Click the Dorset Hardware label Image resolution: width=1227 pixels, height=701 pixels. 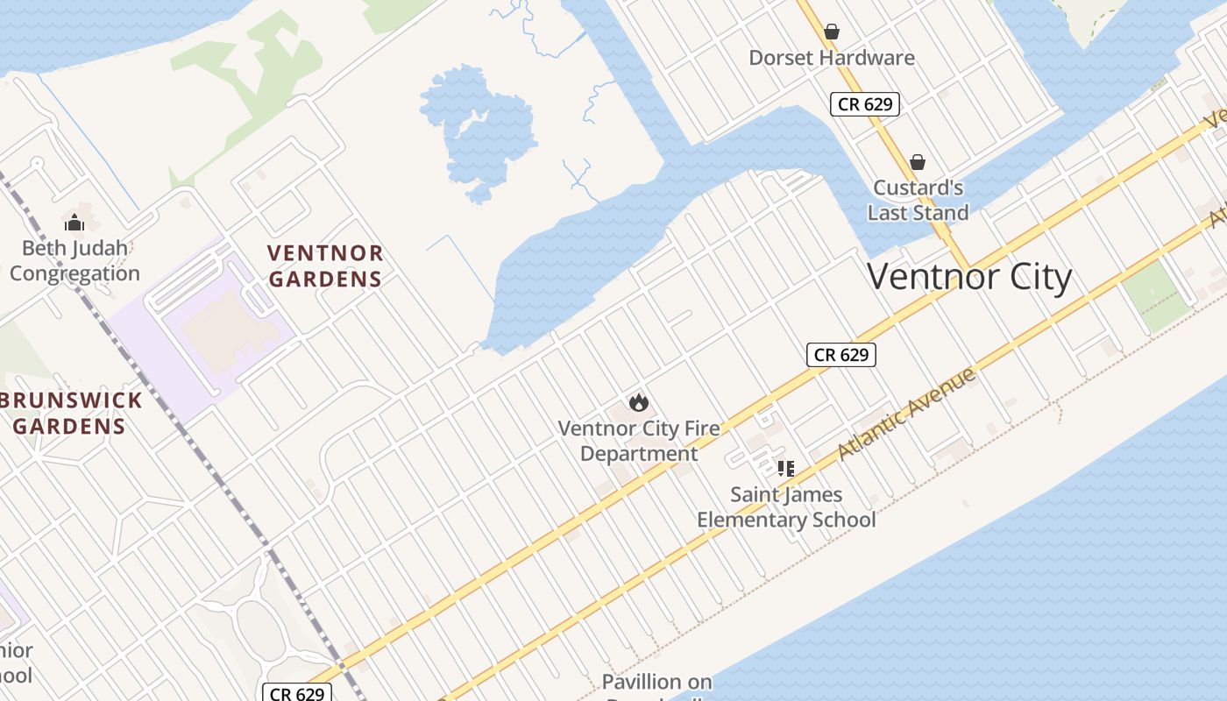[831, 58]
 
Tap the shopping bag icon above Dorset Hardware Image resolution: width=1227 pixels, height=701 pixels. [832, 32]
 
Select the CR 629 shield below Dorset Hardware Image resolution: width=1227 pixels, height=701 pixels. [864, 104]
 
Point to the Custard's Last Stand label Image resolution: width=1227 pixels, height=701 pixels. [918, 200]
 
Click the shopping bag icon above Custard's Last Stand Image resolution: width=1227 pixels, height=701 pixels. [917, 162]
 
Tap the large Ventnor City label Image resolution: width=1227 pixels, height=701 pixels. [969, 277]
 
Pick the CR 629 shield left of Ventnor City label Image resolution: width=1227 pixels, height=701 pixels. [840, 355]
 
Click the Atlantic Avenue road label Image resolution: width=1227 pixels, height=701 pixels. [906, 414]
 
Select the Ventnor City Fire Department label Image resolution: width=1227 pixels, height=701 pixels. [639, 441]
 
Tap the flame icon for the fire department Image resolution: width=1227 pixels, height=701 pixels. [639, 402]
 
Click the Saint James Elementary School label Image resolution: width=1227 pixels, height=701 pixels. [786, 507]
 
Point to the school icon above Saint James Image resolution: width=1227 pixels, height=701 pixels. [785, 469]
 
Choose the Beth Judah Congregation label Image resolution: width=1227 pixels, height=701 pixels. [74, 260]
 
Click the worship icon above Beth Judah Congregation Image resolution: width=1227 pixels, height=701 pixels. [74, 223]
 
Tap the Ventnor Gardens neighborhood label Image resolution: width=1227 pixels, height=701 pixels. [325, 266]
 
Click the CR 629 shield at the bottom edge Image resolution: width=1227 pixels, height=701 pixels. [297, 694]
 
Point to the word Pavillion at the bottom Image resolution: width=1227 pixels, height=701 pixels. [656, 682]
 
